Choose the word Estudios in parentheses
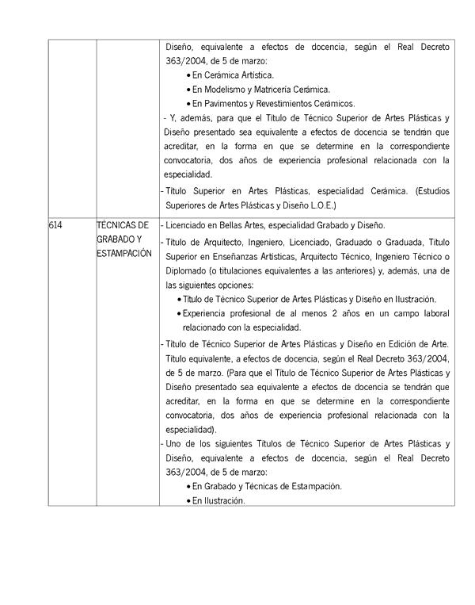(x=432, y=191)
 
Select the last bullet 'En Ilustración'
(x=218, y=500)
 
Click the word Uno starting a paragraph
(x=176, y=443)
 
